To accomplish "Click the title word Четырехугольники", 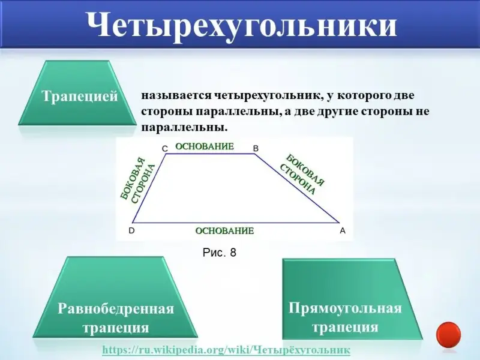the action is tap(242, 25).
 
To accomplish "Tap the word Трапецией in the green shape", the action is tap(80, 96).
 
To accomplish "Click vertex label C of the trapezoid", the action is tap(164, 149).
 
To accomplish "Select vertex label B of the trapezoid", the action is tap(256, 148).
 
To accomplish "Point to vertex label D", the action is tap(131, 230).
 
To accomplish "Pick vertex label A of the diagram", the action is tap(343, 231).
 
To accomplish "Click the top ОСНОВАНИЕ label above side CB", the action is tap(205, 146).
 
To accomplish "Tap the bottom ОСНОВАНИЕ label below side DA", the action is tap(224, 230).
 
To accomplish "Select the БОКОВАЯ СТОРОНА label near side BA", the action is tap(302, 175).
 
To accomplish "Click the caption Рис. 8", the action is tap(220, 253).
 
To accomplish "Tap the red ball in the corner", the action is tap(448, 335).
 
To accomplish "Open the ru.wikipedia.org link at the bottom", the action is tap(226, 350).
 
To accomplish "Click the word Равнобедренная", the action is tap(116, 308).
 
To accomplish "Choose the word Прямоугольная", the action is tap(345, 308).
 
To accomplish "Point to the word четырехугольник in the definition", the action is tap(265, 95).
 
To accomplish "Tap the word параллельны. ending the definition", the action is tap(185, 127).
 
